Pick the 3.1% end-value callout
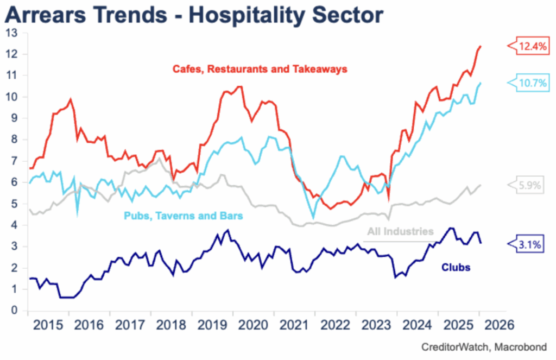(x=529, y=245)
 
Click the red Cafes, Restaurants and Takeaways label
(x=260, y=70)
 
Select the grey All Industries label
(x=401, y=232)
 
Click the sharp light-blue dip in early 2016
(x=77, y=213)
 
